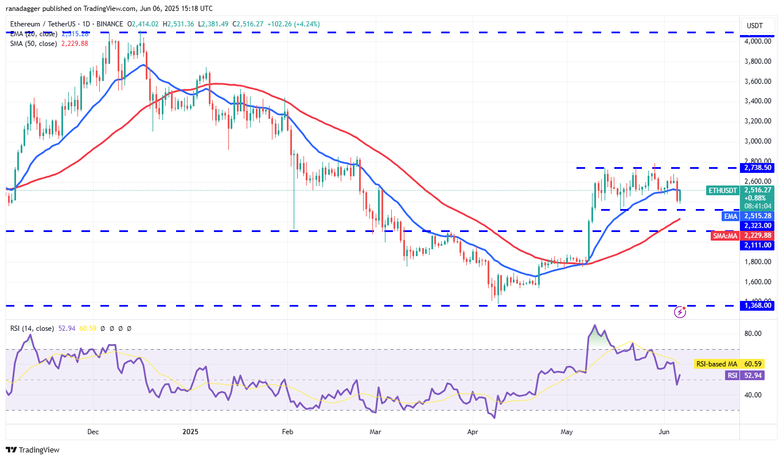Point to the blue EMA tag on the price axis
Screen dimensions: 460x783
tap(730, 216)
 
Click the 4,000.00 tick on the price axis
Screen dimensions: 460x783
tap(758, 41)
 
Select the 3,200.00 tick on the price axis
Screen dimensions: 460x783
tap(758, 121)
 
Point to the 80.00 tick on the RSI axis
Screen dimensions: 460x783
tap(753, 334)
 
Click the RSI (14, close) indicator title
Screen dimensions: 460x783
tap(32, 328)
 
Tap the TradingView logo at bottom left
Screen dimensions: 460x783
tap(33, 450)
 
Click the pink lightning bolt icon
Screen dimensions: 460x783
tap(680, 312)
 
